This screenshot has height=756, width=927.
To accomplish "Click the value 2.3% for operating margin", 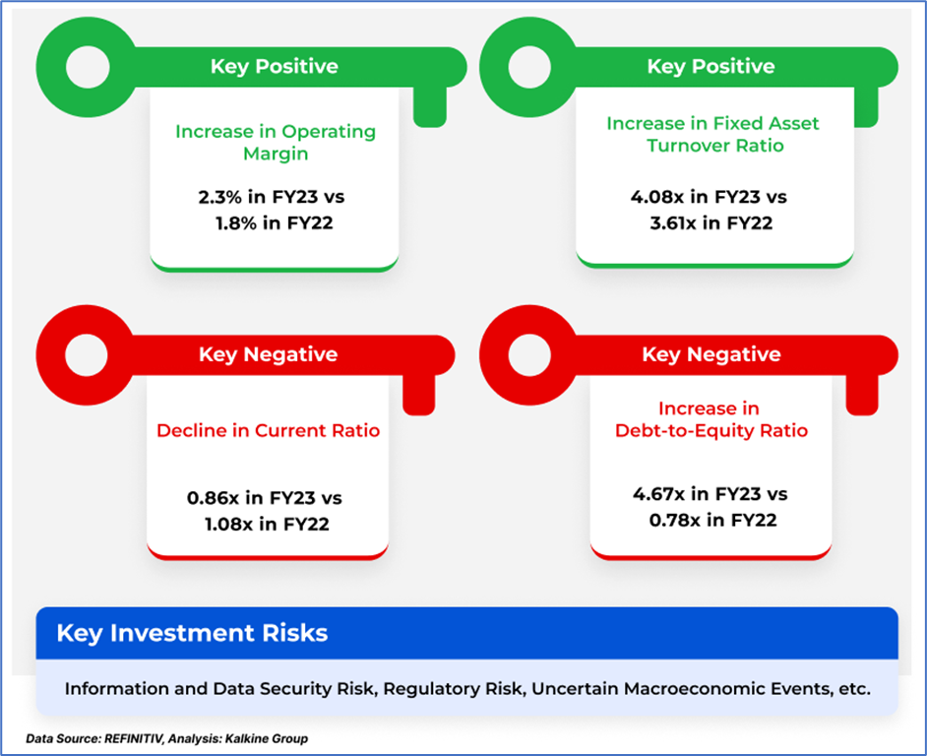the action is pos(219,197).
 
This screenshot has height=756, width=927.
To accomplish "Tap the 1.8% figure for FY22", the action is pos(236,223).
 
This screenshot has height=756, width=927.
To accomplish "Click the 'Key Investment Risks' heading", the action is pos(192,633).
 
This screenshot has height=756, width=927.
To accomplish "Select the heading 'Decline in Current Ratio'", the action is pos(269,430).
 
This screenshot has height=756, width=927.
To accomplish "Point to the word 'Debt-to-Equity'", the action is pos(685,430).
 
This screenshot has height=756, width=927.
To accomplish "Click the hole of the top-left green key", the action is pos(88,67).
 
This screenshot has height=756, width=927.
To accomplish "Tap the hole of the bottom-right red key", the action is pos(529,355).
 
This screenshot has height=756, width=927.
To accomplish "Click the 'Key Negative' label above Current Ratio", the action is pos(269,354).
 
